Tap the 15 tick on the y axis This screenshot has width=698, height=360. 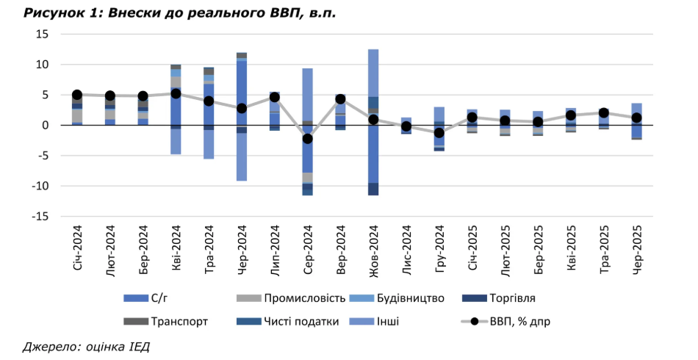click(42, 35)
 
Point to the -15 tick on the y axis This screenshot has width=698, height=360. click(40, 217)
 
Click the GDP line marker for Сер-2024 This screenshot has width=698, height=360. click(307, 139)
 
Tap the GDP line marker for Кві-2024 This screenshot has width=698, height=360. click(176, 93)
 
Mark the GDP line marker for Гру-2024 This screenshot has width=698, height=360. click(439, 133)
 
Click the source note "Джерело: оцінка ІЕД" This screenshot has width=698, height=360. click(86, 346)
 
